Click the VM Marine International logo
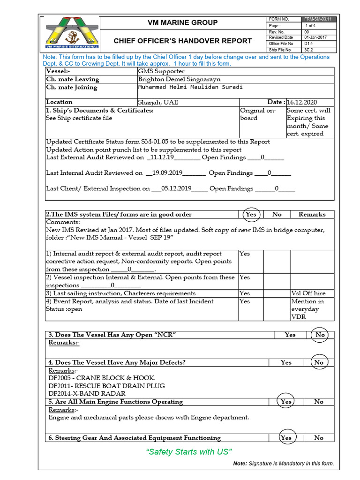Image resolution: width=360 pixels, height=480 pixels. pyautogui.click(x=71, y=32)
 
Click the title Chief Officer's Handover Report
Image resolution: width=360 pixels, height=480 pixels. pyautogui.click(x=183, y=41)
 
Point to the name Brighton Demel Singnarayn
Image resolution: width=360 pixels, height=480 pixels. pyautogui.click(x=179, y=79)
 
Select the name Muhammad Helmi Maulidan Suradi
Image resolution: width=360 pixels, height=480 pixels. pyautogui.click(x=190, y=87)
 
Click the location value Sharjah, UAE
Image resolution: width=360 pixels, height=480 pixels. pyautogui.click(x=158, y=102)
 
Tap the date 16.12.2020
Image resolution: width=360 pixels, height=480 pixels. pyautogui.click(x=303, y=102)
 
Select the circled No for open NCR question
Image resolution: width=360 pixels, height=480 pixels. pyautogui.click(x=320, y=335)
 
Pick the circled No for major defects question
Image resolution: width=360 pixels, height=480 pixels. pyautogui.click(x=319, y=362)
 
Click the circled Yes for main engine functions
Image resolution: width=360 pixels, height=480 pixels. pyautogui.click(x=286, y=402)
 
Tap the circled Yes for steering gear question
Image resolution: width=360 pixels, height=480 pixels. pyautogui.click(x=286, y=438)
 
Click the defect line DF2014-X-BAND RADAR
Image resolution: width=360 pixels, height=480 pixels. pyautogui.click(x=87, y=394)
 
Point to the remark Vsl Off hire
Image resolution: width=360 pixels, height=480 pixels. pyautogui.click(x=308, y=293)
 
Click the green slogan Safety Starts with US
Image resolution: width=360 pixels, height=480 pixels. pyautogui.click(x=189, y=452)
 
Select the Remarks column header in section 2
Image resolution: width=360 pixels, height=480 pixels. pyautogui.click(x=312, y=214)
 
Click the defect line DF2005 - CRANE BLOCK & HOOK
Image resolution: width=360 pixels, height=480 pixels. pyautogui.click(x=102, y=378)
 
